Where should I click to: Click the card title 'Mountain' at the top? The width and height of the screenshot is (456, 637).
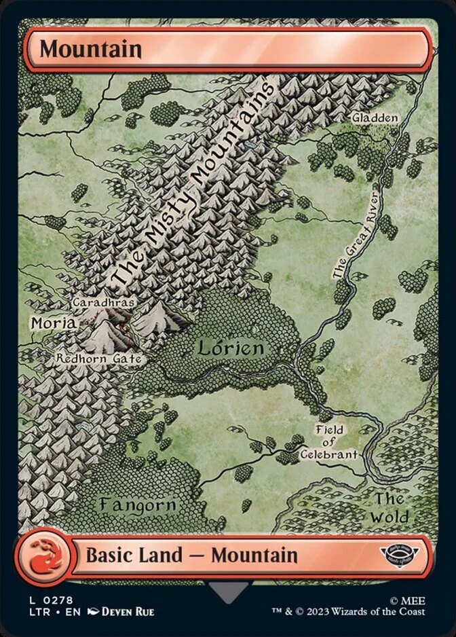click(90, 50)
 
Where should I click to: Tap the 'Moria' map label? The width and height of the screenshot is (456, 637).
click(53, 323)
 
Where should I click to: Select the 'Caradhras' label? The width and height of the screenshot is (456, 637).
click(102, 302)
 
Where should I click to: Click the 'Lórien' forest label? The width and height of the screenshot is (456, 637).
click(230, 349)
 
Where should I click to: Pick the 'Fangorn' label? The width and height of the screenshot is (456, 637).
click(137, 505)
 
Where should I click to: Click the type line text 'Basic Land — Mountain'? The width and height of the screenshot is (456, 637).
click(191, 555)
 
